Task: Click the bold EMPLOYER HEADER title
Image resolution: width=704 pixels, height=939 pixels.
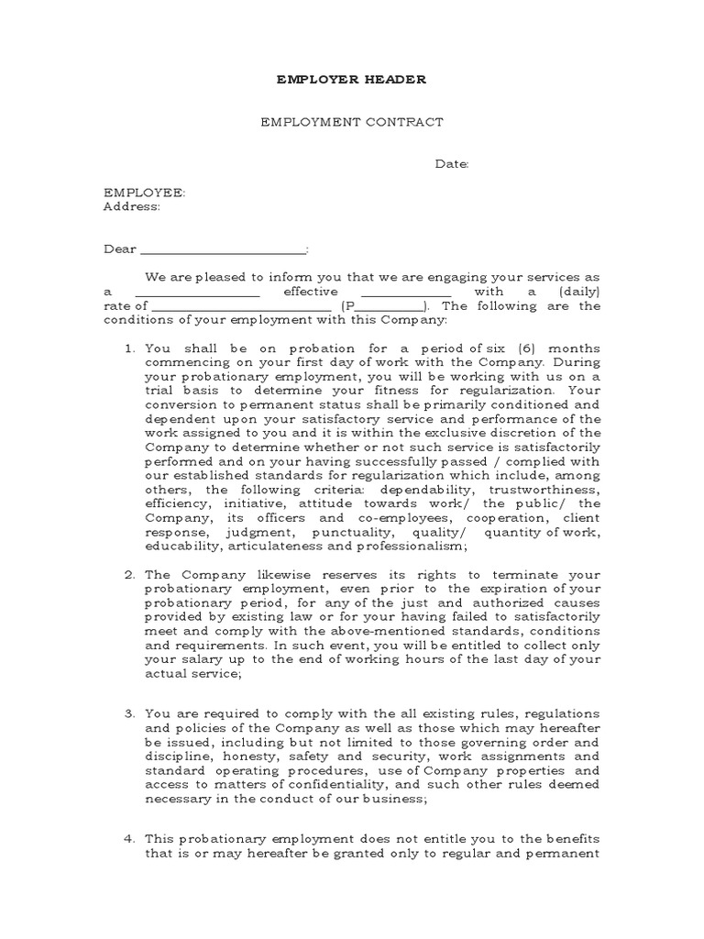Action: (x=351, y=80)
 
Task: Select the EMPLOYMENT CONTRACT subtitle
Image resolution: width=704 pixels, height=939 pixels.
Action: (x=352, y=122)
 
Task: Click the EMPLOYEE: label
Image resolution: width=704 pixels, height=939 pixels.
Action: (x=144, y=193)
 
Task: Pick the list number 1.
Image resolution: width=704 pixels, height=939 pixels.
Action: (x=128, y=348)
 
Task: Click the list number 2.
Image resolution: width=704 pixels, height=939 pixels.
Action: (x=128, y=575)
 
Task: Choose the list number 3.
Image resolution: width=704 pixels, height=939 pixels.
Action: (x=128, y=713)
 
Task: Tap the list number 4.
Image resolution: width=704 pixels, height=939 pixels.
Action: (x=128, y=838)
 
